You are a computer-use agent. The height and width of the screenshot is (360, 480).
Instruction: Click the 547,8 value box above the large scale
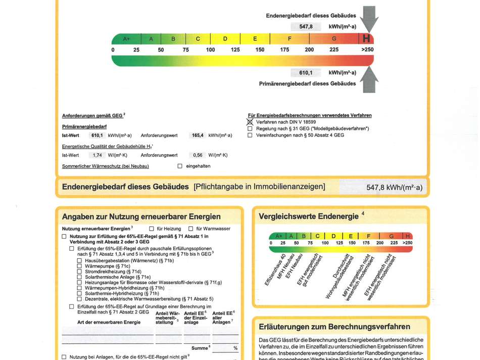click(x=306, y=26)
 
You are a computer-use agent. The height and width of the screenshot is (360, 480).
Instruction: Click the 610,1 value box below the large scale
click(x=306, y=73)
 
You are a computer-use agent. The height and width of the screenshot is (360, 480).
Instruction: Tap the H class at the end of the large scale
click(x=366, y=38)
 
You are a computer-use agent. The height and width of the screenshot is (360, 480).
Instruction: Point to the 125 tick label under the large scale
click(x=235, y=50)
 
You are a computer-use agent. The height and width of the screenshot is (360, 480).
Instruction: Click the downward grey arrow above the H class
click(x=369, y=18)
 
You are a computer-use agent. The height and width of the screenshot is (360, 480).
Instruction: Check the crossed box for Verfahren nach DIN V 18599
click(x=250, y=122)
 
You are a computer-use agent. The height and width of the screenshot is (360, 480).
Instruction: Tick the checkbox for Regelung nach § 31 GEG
click(x=250, y=129)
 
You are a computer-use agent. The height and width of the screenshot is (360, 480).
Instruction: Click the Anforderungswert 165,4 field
click(x=198, y=136)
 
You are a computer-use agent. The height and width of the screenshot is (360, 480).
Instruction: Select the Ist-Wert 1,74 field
click(x=98, y=155)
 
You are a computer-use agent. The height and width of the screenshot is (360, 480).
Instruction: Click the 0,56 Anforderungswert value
click(x=198, y=155)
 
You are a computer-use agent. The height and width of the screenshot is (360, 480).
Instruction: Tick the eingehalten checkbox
click(x=180, y=166)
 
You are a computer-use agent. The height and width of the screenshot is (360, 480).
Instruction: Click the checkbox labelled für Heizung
click(x=152, y=229)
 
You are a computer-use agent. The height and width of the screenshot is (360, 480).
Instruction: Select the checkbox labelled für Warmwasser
click(x=191, y=229)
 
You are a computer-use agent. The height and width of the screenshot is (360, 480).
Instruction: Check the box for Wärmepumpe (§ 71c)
click(x=79, y=266)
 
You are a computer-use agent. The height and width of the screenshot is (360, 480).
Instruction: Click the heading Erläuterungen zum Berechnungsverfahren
click(x=334, y=327)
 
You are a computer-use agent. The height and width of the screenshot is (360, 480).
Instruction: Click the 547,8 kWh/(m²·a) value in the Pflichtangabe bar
click(x=394, y=188)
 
